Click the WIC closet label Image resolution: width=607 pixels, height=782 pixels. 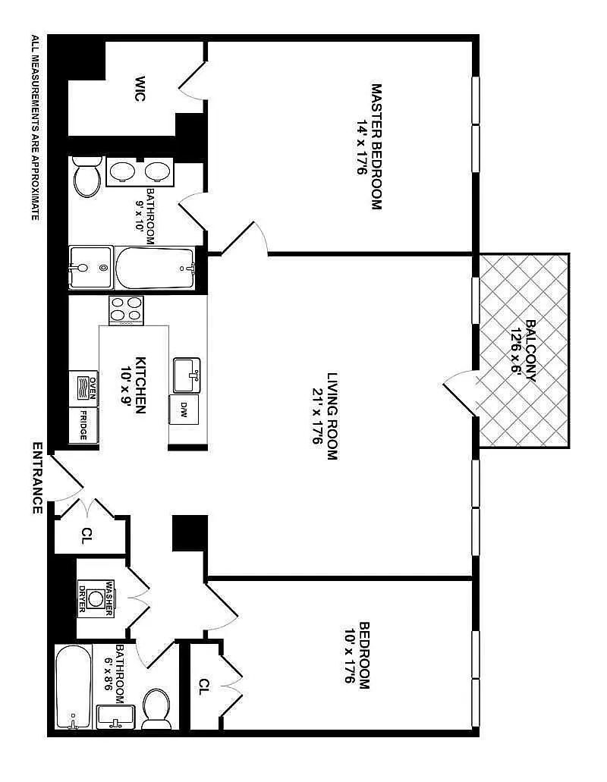pyautogui.click(x=140, y=89)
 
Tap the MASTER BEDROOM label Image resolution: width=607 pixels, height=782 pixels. pyautogui.click(x=376, y=146)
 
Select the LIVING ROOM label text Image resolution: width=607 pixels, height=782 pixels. pyautogui.click(x=332, y=416)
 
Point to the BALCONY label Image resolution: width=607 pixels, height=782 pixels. pyautogui.click(x=530, y=350)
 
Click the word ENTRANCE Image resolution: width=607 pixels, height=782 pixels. pyautogui.click(x=37, y=477)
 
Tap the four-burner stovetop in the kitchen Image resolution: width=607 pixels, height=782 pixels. pyautogui.click(x=126, y=309)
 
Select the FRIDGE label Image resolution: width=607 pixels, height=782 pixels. pyautogui.click(x=83, y=426)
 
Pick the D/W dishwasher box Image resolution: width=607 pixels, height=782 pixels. pyautogui.click(x=184, y=410)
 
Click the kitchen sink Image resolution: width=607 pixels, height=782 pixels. pyautogui.click(x=187, y=375)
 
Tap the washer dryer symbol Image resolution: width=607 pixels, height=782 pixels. pyautogui.click(x=96, y=598)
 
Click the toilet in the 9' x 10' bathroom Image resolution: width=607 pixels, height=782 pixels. pyautogui.click(x=87, y=176)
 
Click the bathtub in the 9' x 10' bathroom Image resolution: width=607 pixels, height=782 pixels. pyautogui.click(x=155, y=268)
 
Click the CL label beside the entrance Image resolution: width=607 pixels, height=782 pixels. pyautogui.click(x=86, y=535)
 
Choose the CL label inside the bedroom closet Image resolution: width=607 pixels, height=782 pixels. pyautogui.click(x=203, y=686)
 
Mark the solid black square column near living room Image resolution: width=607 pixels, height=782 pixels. pyautogui.click(x=190, y=532)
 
